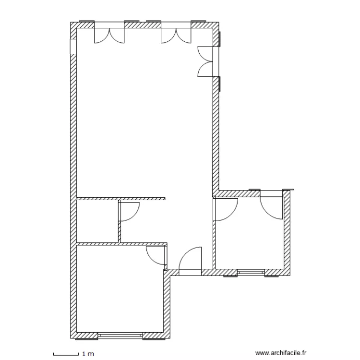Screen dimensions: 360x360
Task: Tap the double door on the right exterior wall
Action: [206, 61]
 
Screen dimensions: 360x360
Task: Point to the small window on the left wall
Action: [73, 46]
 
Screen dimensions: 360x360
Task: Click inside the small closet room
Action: [97, 221]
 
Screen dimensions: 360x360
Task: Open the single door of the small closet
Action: [128, 211]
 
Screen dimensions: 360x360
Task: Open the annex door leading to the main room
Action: [226, 209]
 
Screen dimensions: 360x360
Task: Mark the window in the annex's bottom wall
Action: [251, 273]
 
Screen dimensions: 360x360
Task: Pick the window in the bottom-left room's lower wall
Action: [120, 334]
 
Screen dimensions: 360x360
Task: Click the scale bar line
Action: [65, 354]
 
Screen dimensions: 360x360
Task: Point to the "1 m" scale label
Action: [87, 354]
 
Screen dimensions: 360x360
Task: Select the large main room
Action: [144, 120]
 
